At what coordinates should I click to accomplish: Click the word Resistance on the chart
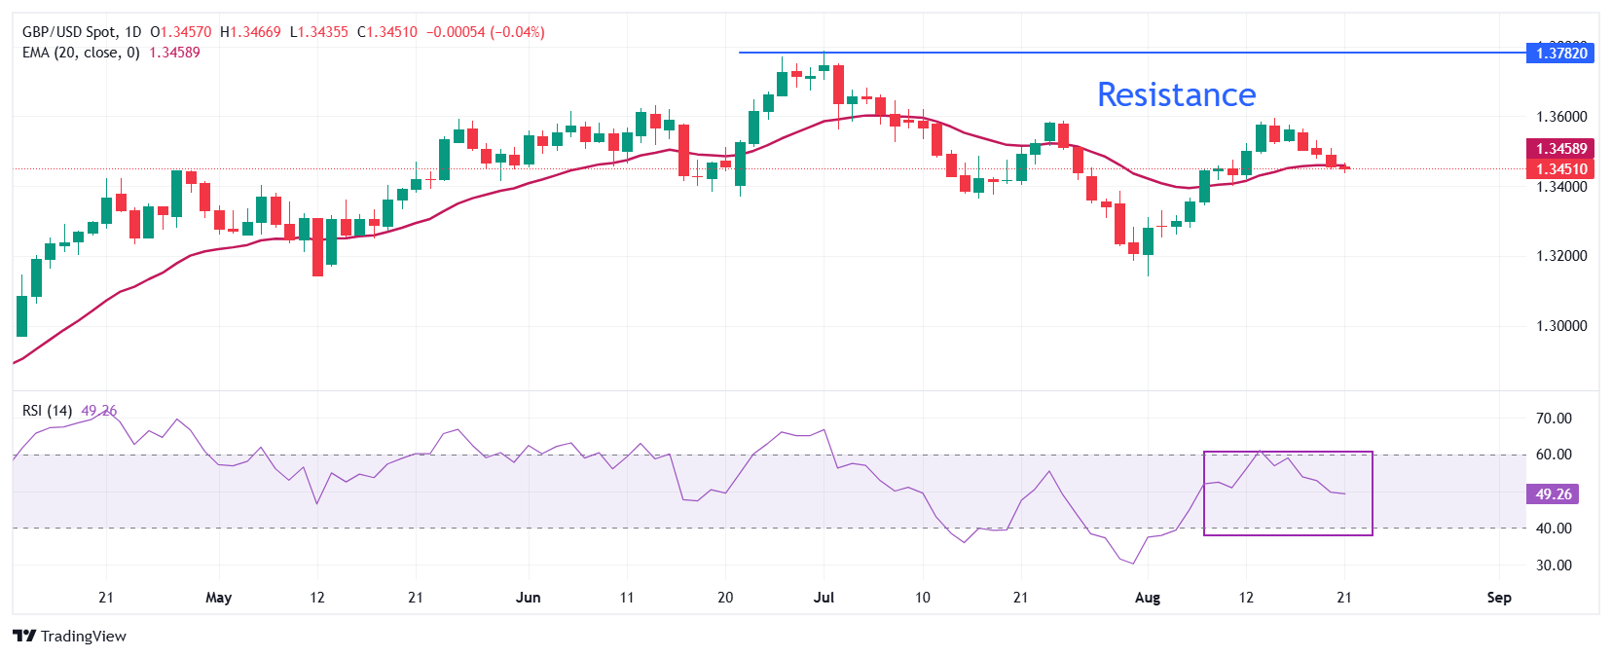point(1176,94)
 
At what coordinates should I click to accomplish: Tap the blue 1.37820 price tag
point(1561,53)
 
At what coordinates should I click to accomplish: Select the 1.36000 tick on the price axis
point(1561,117)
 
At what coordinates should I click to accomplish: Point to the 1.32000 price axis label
point(1561,256)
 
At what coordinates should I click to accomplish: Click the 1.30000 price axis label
point(1561,326)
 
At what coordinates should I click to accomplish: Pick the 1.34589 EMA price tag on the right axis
point(1561,149)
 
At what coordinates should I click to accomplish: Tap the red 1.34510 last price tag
point(1561,169)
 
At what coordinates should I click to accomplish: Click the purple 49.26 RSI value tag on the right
point(1554,494)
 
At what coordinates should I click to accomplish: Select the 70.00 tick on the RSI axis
point(1554,419)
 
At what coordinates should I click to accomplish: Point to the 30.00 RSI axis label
point(1554,566)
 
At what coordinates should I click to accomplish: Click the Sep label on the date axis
point(1499,598)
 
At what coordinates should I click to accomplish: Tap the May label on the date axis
point(219,598)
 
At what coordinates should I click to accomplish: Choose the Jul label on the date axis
point(824,598)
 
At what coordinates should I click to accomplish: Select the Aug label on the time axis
point(1148,598)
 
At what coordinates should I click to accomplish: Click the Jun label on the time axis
point(528,598)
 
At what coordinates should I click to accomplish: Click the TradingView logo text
point(83,637)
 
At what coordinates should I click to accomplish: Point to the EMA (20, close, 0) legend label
point(81,53)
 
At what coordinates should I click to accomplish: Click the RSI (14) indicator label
point(47,411)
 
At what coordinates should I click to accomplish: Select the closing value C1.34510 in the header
point(387,32)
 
